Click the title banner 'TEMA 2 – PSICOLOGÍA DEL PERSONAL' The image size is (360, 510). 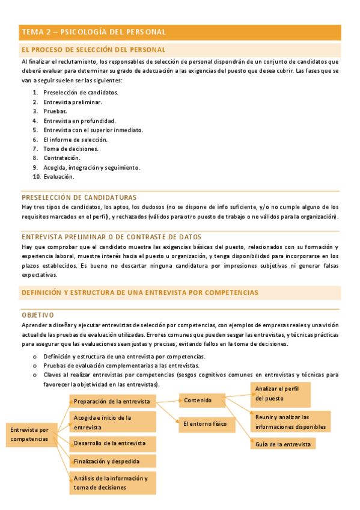(180, 32)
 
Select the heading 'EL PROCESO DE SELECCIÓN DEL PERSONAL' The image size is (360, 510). (93, 49)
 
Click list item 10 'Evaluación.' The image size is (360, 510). (58, 177)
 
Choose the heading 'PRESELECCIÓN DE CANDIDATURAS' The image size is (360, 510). (79, 197)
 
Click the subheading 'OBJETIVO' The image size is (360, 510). (37, 315)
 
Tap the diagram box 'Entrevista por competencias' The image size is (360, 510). (31, 434)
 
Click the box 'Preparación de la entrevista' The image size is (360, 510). (112, 401)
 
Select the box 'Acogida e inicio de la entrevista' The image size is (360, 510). (112, 422)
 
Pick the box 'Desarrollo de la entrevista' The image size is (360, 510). (112, 444)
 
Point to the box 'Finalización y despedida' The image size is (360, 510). (112, 462)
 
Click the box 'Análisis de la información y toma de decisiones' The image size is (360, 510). (112, 482)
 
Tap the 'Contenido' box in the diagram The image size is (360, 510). (203, 400)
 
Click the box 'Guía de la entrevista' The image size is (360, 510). (282, 444)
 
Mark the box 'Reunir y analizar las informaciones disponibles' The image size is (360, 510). (290, 422)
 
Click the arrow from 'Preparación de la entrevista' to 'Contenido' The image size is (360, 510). (168, 399)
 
